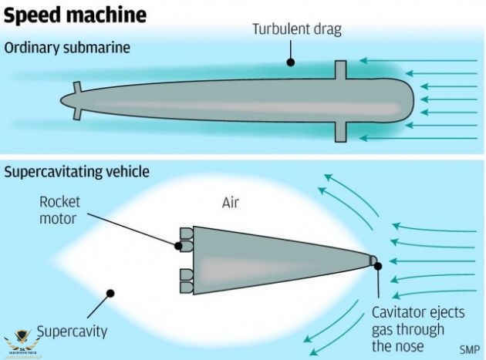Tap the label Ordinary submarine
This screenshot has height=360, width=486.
coord(67,48)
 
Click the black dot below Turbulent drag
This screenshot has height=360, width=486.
coord(290,61)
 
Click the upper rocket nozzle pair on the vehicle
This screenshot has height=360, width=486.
coord(186,240)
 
